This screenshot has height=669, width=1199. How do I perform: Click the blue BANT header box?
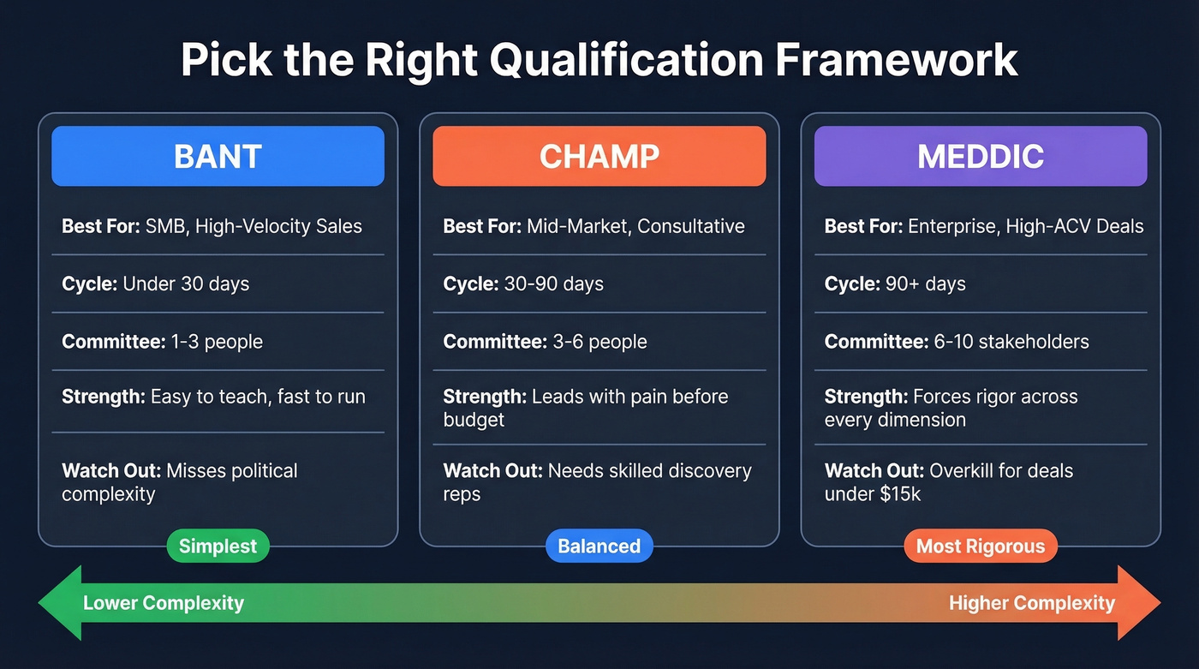point(218,156)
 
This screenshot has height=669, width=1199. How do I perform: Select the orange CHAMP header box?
point(599,156)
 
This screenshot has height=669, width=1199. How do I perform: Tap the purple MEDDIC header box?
point(980,156)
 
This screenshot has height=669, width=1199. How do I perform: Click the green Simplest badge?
point(218,547)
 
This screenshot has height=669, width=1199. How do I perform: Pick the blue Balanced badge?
point(599,547)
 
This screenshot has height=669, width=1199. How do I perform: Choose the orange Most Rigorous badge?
point(980,547)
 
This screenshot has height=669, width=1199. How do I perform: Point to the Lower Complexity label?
point(163,603)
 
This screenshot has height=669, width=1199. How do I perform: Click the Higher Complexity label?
point(1031,603)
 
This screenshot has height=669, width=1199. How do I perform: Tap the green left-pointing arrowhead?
point(60,603)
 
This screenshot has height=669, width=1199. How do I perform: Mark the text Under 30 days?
point(186,284)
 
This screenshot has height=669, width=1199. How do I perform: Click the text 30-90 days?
point(553,284)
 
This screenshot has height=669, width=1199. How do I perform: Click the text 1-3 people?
point(217,342)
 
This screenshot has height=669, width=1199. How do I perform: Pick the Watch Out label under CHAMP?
point(492,470)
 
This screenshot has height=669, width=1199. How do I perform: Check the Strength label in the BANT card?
point(103,397)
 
